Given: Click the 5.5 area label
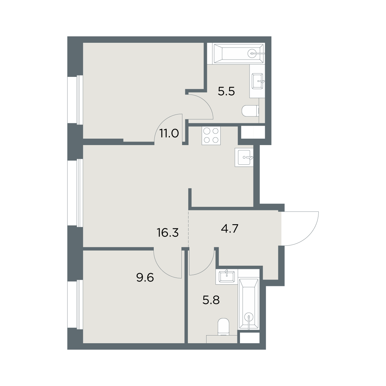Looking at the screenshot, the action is [x=226, y=92].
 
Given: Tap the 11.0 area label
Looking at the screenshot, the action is [x=169, y=133].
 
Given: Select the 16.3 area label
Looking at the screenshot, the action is [x=168, y=233].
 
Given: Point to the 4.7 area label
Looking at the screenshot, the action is [x=230, y=229].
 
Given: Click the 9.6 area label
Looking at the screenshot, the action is [x=145, y=278].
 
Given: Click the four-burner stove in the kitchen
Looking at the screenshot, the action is [x=211, y=136].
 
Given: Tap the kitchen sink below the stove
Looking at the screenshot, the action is [x=244, y=157].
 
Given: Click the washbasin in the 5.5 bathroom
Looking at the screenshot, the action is [x=258, y=81].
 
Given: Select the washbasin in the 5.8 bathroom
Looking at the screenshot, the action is [x=227, y=277].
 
